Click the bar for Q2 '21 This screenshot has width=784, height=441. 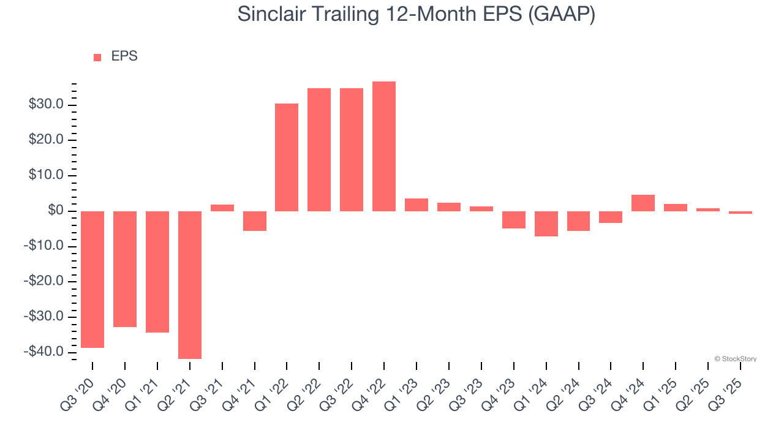[190, 285]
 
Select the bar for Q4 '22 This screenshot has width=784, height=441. [384, 146]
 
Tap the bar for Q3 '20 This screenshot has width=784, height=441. [92, 279]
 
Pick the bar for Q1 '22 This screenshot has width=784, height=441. [287, 157]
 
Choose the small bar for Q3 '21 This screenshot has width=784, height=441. [222, 208]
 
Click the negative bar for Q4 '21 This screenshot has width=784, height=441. [255, 221]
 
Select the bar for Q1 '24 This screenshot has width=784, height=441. [546, 224]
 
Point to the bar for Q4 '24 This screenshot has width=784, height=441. [643, 203]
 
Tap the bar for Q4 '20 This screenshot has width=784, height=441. [125, 269]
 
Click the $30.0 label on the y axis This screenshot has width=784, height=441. [45, 105]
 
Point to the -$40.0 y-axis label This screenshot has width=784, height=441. [43, 352]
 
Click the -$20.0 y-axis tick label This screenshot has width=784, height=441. [43, 282]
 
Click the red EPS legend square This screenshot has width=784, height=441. [97, 58]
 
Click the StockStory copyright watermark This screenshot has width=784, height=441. [735, 359]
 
